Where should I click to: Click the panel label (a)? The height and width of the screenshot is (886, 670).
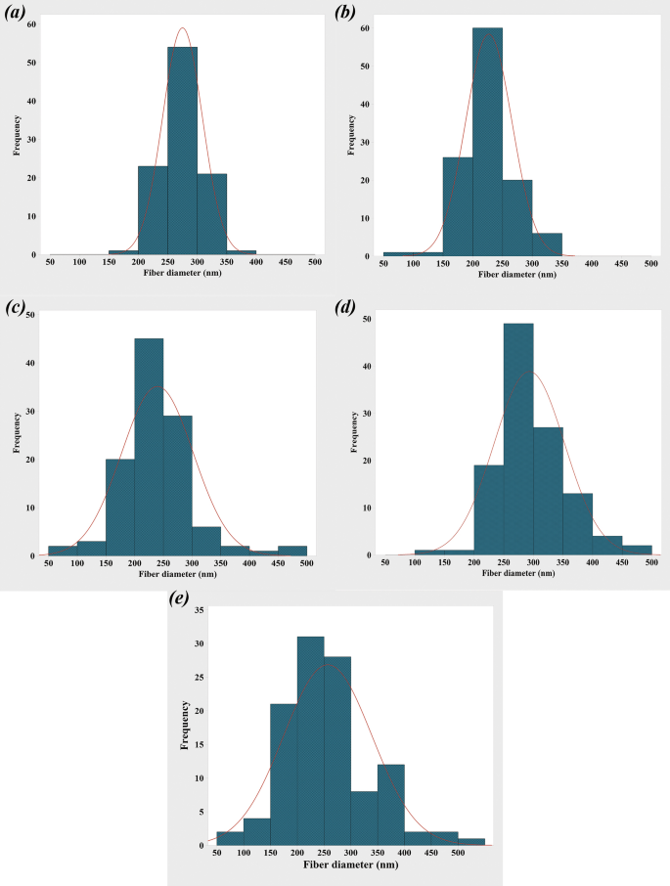pos(19,14)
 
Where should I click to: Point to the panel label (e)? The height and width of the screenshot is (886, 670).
pos(178,599)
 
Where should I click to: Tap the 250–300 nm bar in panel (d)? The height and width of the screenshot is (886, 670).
pos(517,439)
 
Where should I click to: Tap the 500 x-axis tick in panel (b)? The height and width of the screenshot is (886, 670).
pos(650,264)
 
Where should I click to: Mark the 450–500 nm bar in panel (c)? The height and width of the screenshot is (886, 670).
pos(291,552)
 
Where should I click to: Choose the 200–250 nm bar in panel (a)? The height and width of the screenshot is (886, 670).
pos(153,210)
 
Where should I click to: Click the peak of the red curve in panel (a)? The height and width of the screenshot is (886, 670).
pos(182,28)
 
